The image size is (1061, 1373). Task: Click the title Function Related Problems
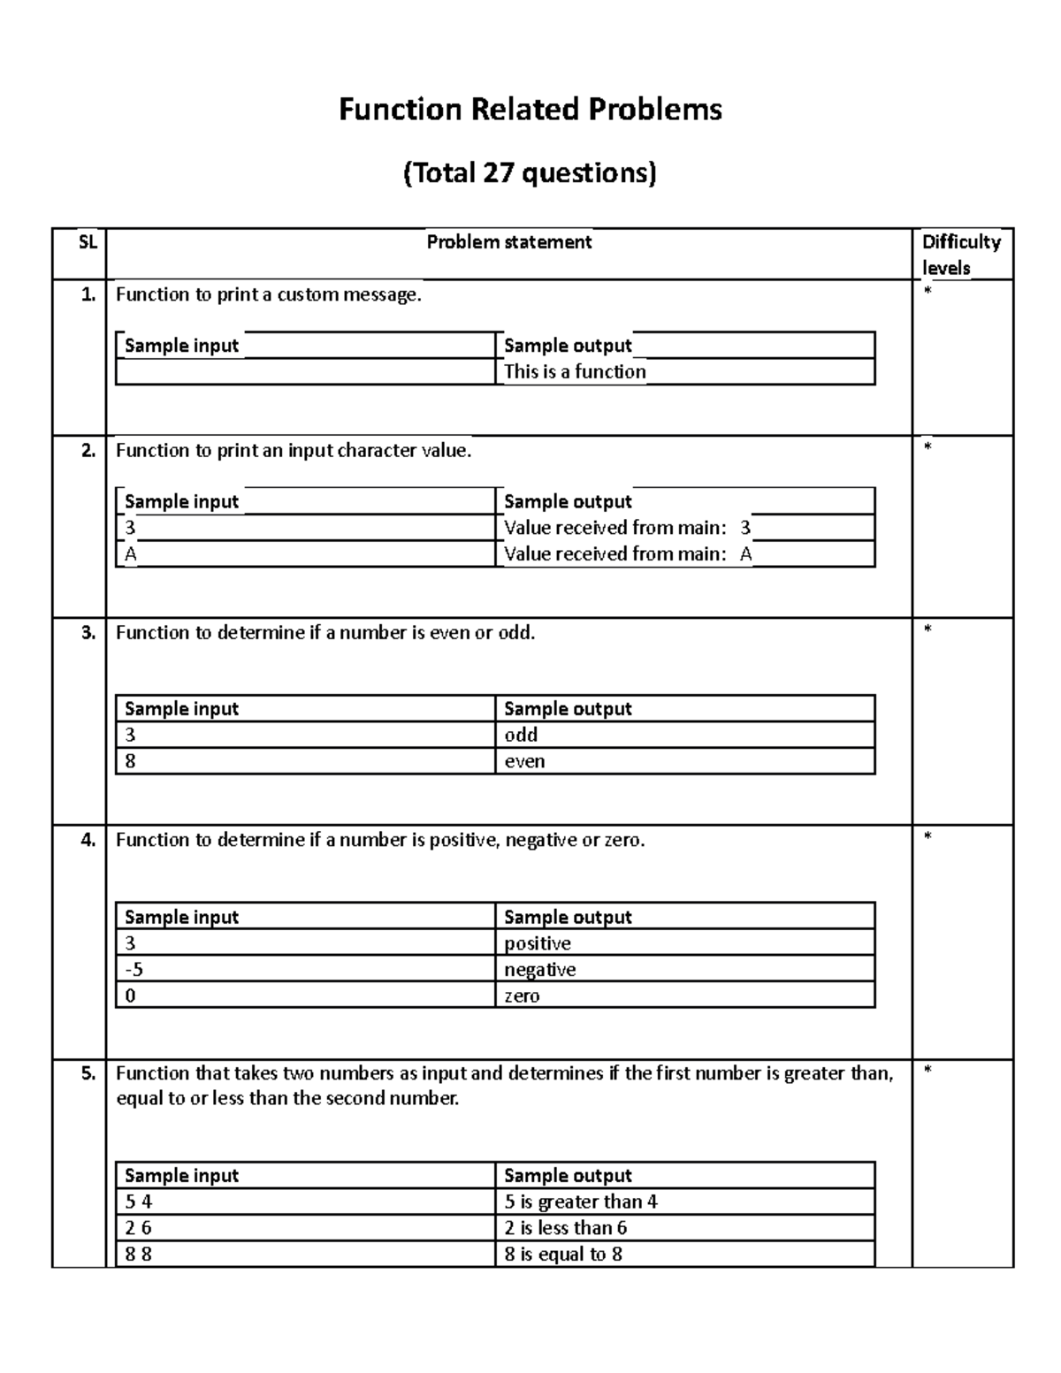[x=530, y=110]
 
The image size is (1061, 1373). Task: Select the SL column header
[x=87, y=241]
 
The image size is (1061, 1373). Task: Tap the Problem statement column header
[x=508, y=242]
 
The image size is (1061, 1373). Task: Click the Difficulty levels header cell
[x=961, y=255]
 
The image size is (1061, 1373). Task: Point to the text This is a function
[x=575, y=371]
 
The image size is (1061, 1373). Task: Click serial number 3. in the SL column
[x=88, y=632]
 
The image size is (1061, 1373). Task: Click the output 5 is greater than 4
[x=581, y=1201]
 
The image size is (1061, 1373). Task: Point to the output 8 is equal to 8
[x=563, y=1254]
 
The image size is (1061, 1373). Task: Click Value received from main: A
[x=628, y=554]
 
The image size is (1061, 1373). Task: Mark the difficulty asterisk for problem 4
[x=927, y=837]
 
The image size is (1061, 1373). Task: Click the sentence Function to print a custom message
[x=269, y=295]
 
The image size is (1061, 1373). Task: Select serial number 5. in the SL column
[x=88, y=1073]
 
